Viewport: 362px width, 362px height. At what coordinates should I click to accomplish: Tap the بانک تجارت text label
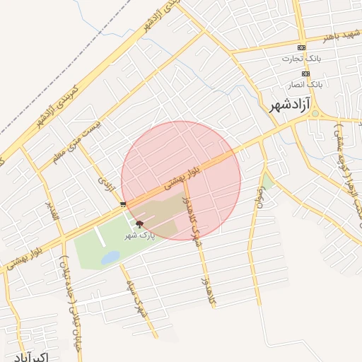pos(302,59)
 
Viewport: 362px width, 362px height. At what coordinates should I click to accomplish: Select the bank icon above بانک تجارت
pos(302,47)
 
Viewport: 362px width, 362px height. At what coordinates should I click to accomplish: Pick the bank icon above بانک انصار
pos(305,74)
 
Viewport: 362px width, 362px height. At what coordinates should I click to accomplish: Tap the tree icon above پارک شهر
pos(139,223)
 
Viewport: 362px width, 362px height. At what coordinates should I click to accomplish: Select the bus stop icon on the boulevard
pos(124,204)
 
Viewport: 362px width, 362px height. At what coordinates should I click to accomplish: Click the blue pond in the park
pos(110,258)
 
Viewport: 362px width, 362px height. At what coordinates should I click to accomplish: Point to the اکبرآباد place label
pos(30,356)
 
